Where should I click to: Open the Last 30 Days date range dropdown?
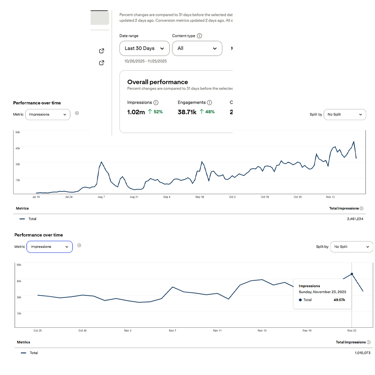[144, 48]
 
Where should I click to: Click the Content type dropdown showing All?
[197, 48]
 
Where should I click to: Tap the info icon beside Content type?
[199, 36]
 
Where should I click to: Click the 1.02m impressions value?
[136, 112]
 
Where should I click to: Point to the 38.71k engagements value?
[187, 112]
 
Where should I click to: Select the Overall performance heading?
[157, 82]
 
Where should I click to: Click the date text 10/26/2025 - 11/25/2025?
[145, 61]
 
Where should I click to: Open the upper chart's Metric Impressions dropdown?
[48, 114]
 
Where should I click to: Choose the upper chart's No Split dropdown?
[345, 114]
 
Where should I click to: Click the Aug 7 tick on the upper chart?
[101, 197]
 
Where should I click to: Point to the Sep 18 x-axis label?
[200, 197]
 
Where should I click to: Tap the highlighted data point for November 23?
[352, 274]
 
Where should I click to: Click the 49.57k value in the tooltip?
[339, 300]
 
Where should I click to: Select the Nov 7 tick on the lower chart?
[172, 331]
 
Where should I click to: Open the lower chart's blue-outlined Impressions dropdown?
[49, 247]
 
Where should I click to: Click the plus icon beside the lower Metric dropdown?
[79, 245]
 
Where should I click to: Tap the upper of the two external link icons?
[102, 51]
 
